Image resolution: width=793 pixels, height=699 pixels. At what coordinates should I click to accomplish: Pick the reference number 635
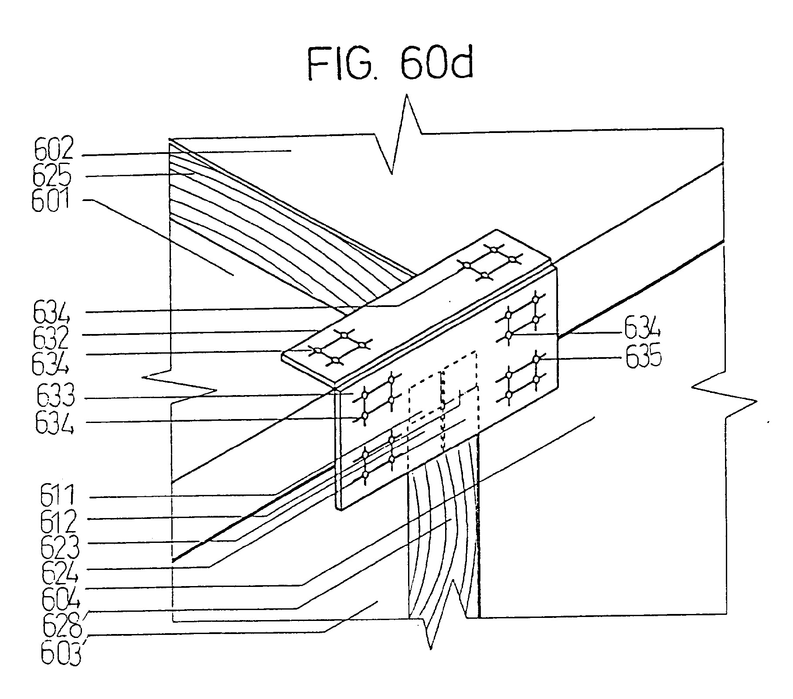click(643, 358)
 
